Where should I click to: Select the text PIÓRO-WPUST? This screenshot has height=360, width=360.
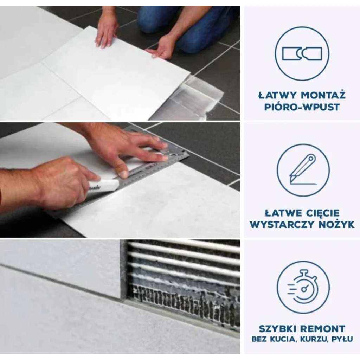pos(302,107)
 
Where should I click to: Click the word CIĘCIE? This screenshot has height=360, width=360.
pos(323,213)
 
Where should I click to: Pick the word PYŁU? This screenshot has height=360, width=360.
pos(342,339)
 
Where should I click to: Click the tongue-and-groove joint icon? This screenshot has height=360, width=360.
pos(302,54)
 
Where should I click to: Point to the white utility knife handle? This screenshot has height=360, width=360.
pos(104,185)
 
